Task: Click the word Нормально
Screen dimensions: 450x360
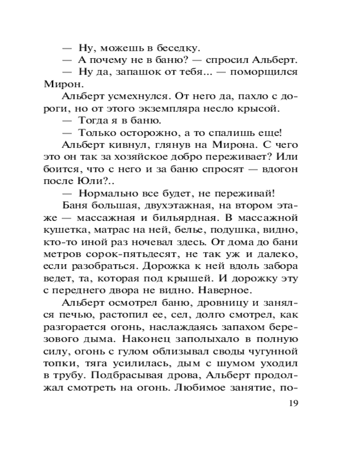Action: (106, 193)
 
